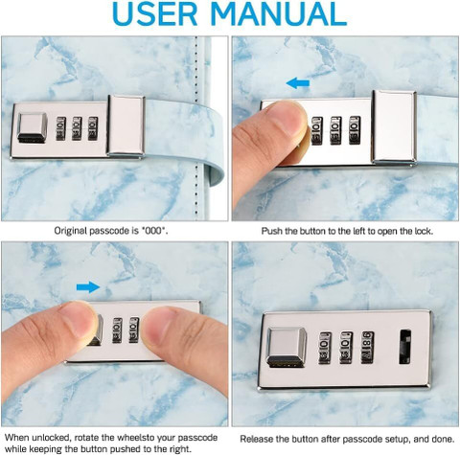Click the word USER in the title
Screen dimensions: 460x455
pos(155,14)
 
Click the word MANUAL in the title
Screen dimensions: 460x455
pos(279,14)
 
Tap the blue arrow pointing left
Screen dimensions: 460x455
pos(298,83)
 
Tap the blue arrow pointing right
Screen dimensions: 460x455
pos(88,287)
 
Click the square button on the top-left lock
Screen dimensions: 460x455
pos(33,127)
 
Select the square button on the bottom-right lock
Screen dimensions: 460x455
pos(287,347)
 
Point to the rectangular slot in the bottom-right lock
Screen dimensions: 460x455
pos(405,347)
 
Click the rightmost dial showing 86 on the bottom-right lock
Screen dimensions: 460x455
pos(367,348)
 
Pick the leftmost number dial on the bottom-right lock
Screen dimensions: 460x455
pos(325,348)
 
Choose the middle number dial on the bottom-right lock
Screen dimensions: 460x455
pos(346,348)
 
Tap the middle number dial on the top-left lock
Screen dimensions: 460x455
pos(77,128)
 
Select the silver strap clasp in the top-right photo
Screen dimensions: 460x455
pos(394,126)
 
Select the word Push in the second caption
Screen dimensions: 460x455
pos(272,231)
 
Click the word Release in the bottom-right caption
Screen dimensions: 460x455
pos(257,439)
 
